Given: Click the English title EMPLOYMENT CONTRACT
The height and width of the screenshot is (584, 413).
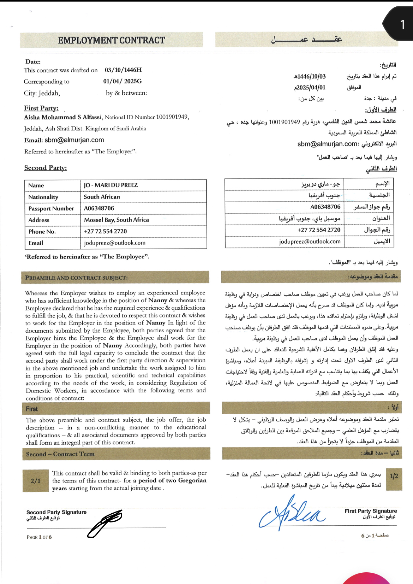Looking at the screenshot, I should click(x=112, y=40).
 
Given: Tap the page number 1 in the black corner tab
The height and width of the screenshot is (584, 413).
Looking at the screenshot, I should click(x=402, y=25).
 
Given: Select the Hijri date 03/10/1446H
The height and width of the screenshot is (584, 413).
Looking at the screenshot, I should click(x=123, y=70).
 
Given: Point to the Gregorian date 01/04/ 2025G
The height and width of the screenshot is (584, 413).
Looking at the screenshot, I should click(x=122, y=81).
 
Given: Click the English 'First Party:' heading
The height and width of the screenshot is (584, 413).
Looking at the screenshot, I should click(x=41, y=108).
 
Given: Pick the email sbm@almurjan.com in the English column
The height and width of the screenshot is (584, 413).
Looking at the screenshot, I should click(x=74, y=140).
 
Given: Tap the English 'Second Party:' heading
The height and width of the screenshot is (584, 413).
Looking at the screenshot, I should click(x=46, y=168).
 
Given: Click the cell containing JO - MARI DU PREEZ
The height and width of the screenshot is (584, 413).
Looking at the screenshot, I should click(x=111, y=185).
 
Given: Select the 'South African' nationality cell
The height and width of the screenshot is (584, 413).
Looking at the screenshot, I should click(x=102, y=197).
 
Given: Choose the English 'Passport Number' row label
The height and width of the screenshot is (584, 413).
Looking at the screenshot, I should click(x=51, y=209).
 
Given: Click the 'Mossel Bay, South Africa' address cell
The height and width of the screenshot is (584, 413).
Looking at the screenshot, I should click(x=116, y=220).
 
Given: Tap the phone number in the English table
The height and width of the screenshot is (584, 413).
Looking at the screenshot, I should click(x=105, y=232).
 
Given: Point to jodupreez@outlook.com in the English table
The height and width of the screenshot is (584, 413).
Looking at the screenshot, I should click(x=115, y=243).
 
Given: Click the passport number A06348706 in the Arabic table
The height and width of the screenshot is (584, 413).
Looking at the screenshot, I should click(x=325, y=207).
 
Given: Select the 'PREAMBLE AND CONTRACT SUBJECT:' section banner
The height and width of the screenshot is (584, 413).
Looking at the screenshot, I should click(x=77, y=278).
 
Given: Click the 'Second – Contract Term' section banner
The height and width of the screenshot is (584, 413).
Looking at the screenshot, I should click(x=60, y=454).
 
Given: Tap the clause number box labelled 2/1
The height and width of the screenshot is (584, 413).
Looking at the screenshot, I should click(x=36, y=481).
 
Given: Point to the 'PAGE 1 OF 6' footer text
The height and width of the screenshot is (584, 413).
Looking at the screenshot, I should click(x=39, y=537).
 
